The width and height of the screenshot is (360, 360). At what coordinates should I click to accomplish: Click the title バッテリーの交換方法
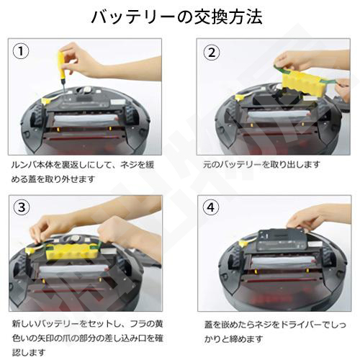(x=177, y=17)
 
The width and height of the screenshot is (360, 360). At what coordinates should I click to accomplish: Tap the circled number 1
(x=21, y=51)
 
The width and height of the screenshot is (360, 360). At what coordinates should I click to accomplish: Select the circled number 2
(x=212, y=53)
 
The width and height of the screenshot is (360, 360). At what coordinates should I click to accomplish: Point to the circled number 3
(x=22, y=207)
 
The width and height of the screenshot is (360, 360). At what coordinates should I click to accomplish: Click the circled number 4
(x=211, y=207)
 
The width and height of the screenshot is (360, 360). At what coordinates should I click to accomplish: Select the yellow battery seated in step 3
(x=72, y=251)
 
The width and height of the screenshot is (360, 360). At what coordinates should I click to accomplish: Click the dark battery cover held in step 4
(x=282, y=240)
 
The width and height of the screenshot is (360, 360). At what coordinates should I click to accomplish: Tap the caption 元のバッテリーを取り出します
(x=261, y=165)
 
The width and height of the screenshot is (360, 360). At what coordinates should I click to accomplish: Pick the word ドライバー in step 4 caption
(x=301, y=325)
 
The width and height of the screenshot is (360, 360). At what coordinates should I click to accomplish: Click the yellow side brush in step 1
(x=48, y=100)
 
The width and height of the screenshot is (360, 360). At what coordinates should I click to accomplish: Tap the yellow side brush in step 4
(x=243, y=243)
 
